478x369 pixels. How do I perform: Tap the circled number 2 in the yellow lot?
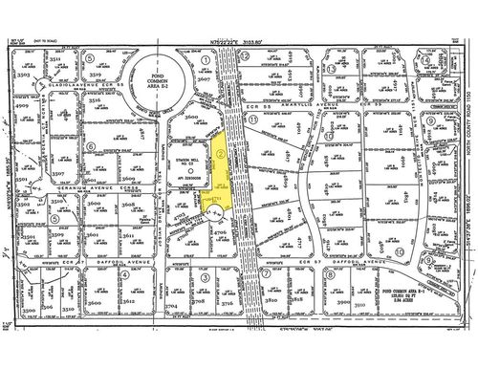(223, 151)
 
